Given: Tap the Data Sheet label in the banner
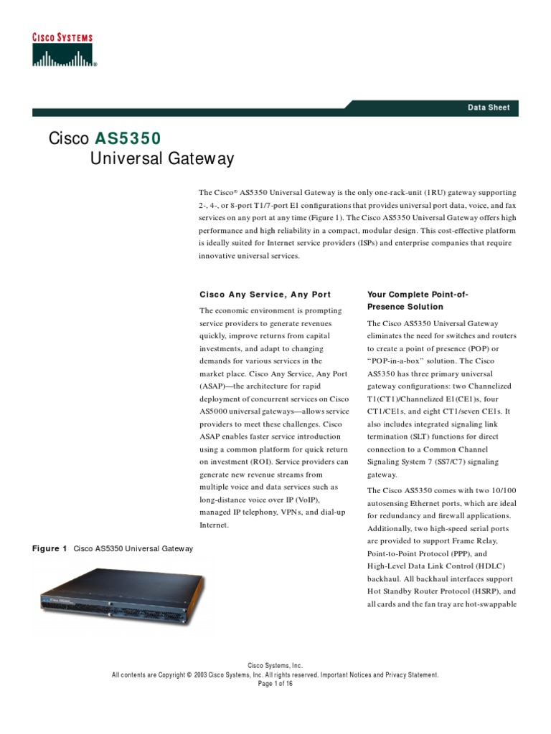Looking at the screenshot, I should [x=489, y=108].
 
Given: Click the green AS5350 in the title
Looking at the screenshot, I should [x=128, y=138].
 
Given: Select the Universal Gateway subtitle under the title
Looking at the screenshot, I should [x=161, y=158].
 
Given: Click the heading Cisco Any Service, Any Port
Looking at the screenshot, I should [x=265, y=295].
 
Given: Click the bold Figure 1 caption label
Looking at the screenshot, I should [x=50, y=548].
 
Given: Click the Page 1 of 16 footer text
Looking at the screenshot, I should [x=275, y=683].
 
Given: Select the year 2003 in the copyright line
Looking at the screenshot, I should [x=199, y=675].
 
